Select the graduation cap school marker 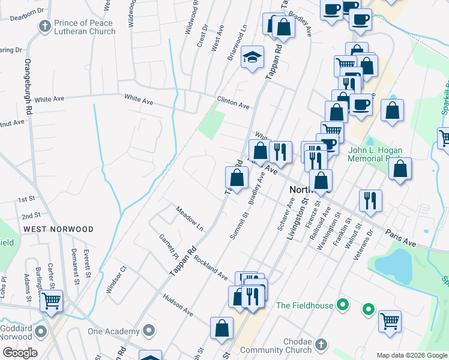click(x=253, y=58)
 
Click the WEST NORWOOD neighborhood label click(x=58, y=229)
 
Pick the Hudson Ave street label click(x=178, y=305)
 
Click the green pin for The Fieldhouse click(x=343, y=305)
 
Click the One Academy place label click(x=113, y=331)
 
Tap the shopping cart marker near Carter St click(x=52, y=299)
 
